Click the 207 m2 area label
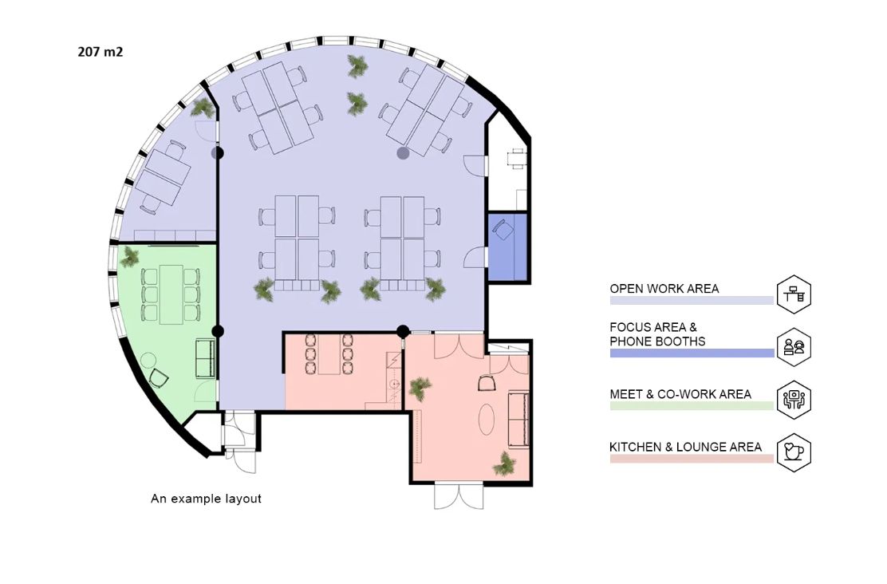coord(101,52)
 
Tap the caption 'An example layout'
coord(206,499)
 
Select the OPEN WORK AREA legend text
coord(664,289)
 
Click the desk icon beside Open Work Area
coord(794,294)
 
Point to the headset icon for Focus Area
coord(794,347)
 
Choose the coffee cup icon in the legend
coord(794,452)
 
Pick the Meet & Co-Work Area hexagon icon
coord(794,400)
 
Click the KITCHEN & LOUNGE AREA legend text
coord(686,447)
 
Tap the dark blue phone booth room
coord(507,247)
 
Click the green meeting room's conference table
coord(171,294)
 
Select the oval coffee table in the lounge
coord(487,420)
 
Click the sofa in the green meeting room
coord(205,358)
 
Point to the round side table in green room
coord(148,360)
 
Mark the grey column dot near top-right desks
coord(403,153)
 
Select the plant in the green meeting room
coord(130,256)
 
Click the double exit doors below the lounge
coord(459,496)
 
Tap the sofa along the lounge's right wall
coord(519,419)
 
